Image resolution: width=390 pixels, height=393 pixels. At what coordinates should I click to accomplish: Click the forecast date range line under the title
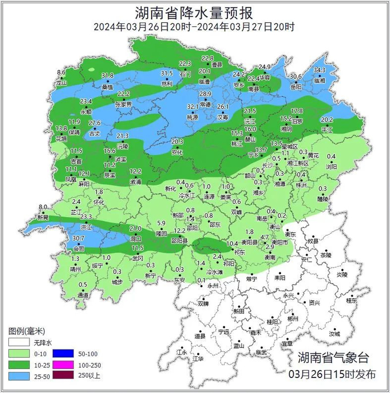194,26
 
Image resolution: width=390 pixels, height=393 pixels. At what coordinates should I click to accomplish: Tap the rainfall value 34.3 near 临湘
319,70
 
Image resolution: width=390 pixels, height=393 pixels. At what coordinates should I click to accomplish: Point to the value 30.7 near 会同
79,238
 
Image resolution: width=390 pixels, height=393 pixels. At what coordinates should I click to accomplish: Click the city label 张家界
123,104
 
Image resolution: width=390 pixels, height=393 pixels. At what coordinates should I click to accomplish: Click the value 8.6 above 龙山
61,73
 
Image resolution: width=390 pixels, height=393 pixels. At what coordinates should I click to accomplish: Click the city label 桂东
351,300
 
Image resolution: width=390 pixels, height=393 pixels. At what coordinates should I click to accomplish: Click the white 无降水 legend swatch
18,342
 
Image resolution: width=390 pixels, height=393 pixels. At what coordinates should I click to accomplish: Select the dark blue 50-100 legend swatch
61,353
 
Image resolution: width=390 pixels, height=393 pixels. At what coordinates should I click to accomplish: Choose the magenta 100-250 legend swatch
61,365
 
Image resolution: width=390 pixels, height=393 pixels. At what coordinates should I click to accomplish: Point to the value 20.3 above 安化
177,142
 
